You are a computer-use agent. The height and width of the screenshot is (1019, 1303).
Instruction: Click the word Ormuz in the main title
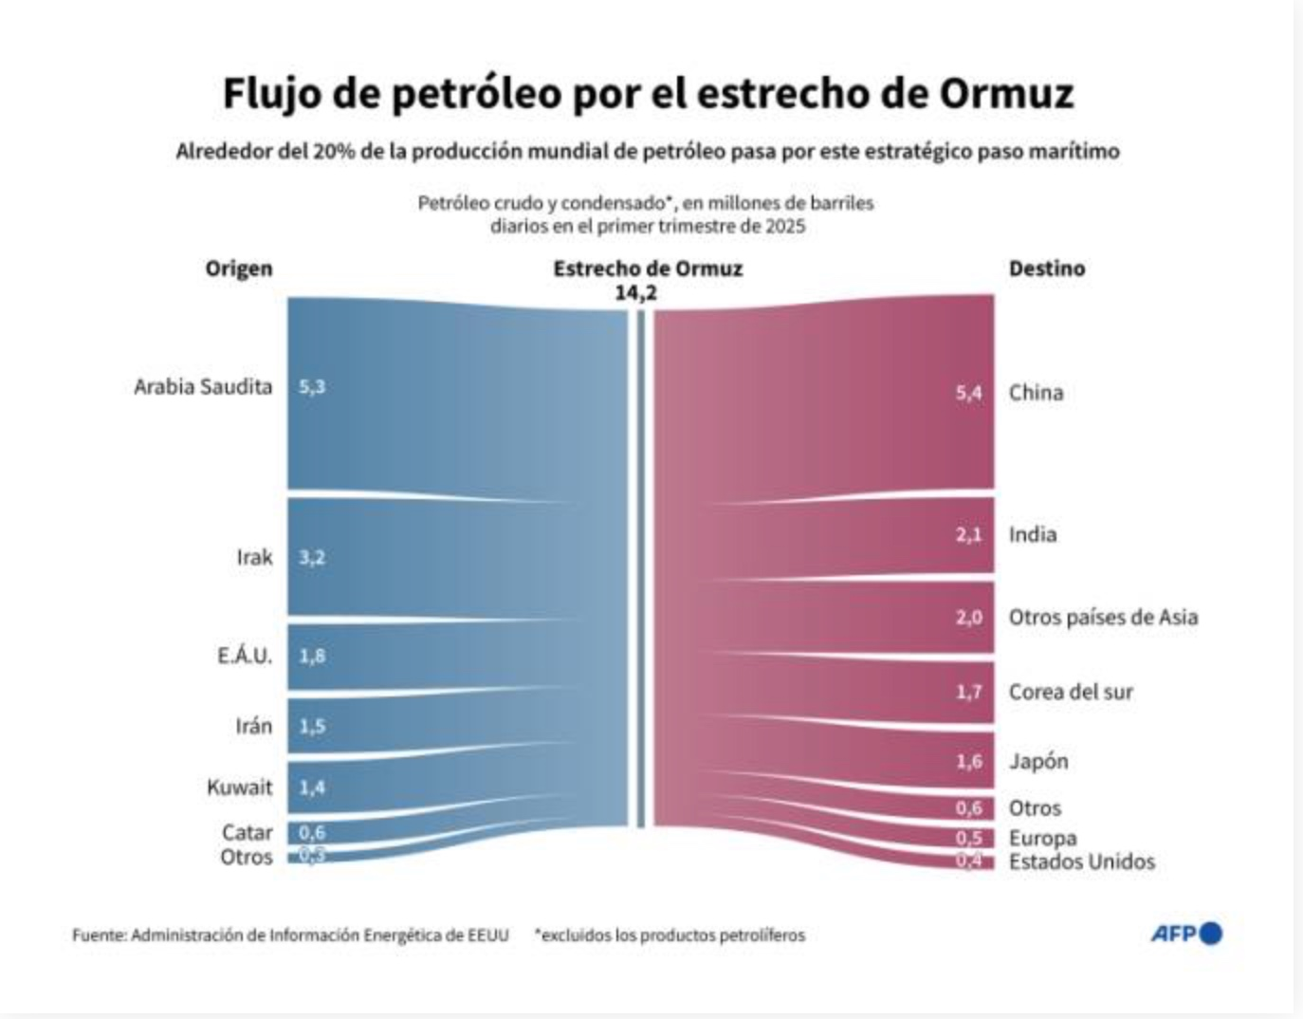coord(1006,94)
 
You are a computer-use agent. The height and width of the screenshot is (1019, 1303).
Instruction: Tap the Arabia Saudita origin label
coord(203,387)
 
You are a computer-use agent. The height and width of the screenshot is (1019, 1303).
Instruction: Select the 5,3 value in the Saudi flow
coord(312,387)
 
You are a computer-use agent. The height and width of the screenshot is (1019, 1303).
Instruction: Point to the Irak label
coord(254,557)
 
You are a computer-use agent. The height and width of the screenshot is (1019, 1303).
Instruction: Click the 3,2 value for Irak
coord(312,557)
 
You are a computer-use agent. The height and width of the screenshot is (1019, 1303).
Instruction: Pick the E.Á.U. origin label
coord(244,656)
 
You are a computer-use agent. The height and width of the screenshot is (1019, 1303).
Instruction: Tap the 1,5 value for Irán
coord(312,727)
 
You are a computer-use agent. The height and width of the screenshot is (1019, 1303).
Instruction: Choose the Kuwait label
coord(239,787)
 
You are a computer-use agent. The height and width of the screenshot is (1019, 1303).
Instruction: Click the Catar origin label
coord(247,832)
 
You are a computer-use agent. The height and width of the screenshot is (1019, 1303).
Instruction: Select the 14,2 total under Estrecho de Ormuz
coord(635,293)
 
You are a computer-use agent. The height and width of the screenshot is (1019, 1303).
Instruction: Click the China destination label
coord(1036,393)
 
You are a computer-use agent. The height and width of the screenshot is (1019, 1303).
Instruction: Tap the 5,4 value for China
coord(968,393)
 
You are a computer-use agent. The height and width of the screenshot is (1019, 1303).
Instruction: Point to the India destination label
coord(1032,535)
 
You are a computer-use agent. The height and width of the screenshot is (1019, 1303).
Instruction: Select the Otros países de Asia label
coord(1103,618)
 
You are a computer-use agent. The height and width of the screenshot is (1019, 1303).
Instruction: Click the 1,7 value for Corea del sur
coord(968,693)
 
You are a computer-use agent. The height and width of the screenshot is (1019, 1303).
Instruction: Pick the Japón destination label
coord(1037,762)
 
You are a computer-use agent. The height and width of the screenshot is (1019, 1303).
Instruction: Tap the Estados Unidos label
coord(1081,862)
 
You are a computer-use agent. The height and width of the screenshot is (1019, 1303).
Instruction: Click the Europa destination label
coord(1042,839)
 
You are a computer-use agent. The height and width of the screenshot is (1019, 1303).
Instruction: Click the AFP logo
coord(1185,934)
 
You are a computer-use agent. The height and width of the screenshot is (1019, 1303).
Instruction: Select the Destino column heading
coord(1046,269)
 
